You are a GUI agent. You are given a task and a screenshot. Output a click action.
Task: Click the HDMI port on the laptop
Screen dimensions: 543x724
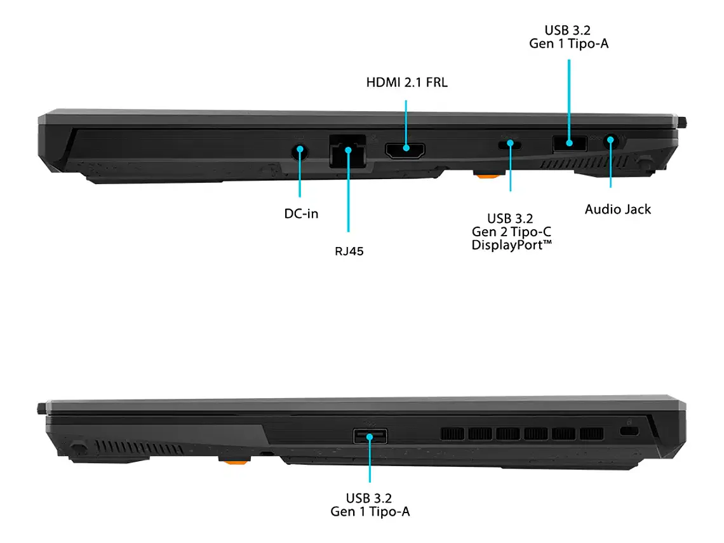pyautogui.click(x=405, y=151)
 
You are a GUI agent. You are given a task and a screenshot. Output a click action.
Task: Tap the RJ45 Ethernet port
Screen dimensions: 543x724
pyautogui.click(x=347, y=152)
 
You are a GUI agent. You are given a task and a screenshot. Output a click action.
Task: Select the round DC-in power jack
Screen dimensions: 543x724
pyautogui.click(x=300, y=151)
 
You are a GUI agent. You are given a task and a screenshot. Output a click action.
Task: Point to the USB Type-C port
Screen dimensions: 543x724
pyautogui.click(x=510, y=144)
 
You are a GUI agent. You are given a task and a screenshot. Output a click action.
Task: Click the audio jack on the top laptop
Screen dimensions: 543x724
pyautogui.click(x=611, y=141)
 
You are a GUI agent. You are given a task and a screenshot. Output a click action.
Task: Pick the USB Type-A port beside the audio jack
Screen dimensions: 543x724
pyautogui.click(x=569, y=143)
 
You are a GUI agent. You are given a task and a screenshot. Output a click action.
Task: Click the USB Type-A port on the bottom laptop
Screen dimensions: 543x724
pyautogui.click(x=370, y=436)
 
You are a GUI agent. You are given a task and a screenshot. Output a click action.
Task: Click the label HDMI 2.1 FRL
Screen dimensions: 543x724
pyautogui.click(x=406, y=83)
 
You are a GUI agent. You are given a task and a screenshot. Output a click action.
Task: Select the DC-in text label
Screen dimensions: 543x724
pyautogui.click(x=301, y=213)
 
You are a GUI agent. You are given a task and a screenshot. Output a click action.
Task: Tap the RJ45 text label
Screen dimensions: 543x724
pyautogui.click(x=349, y=251)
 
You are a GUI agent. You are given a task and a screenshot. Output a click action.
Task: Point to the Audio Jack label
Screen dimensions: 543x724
pyautogui.click(x=618, y=209)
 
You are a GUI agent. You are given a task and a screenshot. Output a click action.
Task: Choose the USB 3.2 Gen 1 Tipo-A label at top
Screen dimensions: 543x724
pyautogui.click(x=569, y=37)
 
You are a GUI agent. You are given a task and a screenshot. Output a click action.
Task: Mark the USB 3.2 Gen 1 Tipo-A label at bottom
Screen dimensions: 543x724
pyautogui.click(x=370, y=504)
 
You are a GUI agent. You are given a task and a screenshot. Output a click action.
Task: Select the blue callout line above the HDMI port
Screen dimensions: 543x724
pyautogui.click(x=405, y=121)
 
